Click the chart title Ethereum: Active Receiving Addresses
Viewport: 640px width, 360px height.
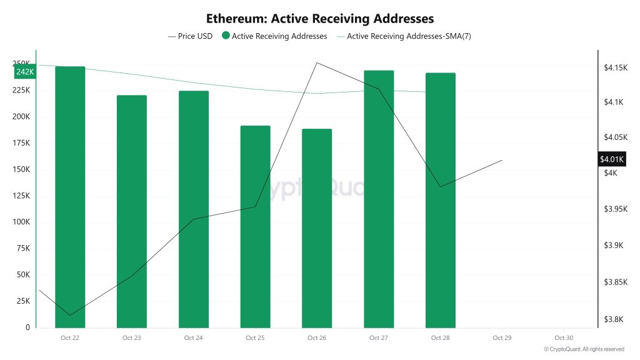click(x=320, y=19)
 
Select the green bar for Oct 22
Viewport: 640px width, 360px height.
click(x=70, y=197)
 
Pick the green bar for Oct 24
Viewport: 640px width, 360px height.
click(x=194, y=209)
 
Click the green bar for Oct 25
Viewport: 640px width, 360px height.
click(x=256, y=226)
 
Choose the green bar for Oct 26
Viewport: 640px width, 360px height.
click(x=317, y=228)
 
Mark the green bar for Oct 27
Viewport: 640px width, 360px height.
click(x=379, y=199)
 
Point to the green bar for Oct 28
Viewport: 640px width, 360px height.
click(x=441, y=200)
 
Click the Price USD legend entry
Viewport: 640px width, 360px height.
click(x=191, y=36)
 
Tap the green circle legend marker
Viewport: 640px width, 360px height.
click(x=226, y=36)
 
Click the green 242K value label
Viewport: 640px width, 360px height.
click(x=25, y=72)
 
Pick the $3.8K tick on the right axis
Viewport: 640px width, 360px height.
click(x=613, y=319)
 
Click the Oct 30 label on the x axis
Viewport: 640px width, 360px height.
click(x=564, y=338)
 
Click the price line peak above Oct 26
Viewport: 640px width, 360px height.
click(x=317, y=62)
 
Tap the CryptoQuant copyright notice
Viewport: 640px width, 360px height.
click(x=584, y=349)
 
